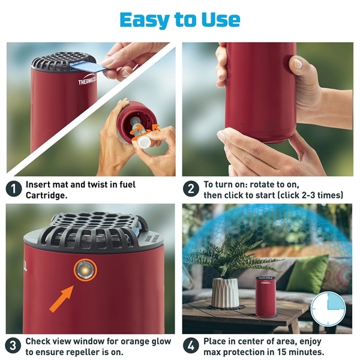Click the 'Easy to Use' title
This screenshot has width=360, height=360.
[180, 19]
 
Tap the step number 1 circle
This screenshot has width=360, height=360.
[13, 188]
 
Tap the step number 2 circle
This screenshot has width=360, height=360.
[191, 188]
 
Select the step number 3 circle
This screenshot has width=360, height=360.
[13, 346]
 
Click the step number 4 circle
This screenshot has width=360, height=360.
[191, 346]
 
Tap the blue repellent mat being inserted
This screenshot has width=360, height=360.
[91, 66]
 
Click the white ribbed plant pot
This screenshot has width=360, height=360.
[225, 292]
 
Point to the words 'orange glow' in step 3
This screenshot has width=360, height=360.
[147, 341]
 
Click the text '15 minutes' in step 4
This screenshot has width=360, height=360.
[300, 352]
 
